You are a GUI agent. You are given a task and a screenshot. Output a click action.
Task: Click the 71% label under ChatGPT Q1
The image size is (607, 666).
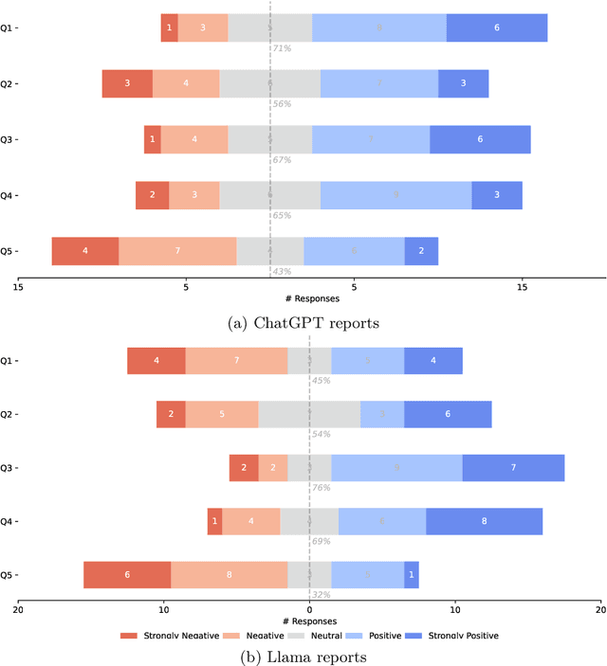coord(282,48)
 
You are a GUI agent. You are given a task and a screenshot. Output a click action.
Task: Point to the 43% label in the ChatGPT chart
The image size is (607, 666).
coord(282,271)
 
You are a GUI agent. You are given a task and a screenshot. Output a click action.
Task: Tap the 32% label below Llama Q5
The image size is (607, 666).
coord(322,595)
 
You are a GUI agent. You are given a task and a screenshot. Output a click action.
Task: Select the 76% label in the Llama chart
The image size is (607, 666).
coord(322,488)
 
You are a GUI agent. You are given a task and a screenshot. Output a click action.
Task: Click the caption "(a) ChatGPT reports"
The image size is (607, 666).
coord(303,323)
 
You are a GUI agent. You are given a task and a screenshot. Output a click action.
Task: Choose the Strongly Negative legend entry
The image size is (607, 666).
coord(166,635)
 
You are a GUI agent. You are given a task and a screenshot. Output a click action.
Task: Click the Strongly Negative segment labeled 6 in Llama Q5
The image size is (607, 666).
coord(127,575)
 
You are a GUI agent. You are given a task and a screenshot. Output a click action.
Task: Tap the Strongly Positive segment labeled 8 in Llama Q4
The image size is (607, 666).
coord(484,521)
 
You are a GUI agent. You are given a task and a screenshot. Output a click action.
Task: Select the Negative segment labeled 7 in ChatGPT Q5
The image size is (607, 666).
coord(177,251)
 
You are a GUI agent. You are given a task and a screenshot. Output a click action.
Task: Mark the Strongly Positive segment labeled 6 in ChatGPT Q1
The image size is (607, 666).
coord(497,28)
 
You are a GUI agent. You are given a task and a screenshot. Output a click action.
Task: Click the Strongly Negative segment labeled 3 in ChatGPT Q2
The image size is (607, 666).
coord(127,83)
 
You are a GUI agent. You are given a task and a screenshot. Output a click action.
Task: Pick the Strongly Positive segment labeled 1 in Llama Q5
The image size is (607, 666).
coord(412,575)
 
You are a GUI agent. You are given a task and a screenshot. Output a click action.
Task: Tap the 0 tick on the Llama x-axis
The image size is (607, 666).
coord(309,609)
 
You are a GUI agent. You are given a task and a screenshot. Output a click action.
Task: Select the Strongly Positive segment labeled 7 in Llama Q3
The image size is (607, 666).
coord(513,468)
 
